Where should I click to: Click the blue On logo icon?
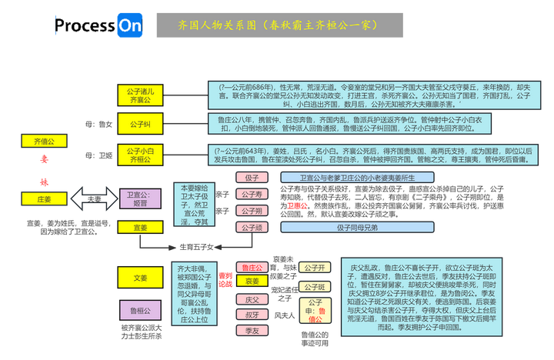[x=129, y=25]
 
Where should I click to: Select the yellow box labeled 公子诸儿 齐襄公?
[x=139, y=95]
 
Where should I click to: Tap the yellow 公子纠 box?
[x=139, y=124]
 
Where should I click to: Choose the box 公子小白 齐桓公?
[x=139, y=155]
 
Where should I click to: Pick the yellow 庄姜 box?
[x=44, y=198]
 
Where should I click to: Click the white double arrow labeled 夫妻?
[x=94, y=198]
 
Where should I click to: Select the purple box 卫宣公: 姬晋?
[x=140, y=198]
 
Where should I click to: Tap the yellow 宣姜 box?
[x=140, y=228]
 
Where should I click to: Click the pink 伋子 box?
[x=252, y=178]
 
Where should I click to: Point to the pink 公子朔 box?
[x=252, y=211]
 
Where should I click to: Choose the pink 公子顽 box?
[x=252, y=228]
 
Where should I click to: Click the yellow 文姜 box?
[x=140, y=278]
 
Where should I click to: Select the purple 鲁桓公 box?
[x=140, y=310]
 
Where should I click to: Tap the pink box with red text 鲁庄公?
[x=252, y=268]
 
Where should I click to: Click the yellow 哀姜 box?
[x=252, y=282]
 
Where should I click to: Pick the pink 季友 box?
[x=252, y=330]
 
